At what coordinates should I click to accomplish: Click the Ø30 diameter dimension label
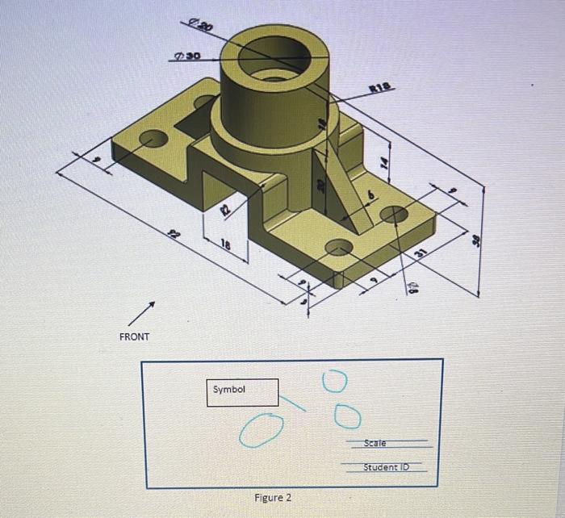(186, 57)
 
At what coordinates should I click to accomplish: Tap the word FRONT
(134, 336)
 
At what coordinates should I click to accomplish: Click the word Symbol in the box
(228, 390)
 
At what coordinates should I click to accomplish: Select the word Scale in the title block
(375, 443)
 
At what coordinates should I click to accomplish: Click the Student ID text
(386, 467)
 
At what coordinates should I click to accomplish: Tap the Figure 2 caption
(273, 497)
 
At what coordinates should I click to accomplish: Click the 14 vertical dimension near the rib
(385, 162)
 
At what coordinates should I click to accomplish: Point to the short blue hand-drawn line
(294, 401)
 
